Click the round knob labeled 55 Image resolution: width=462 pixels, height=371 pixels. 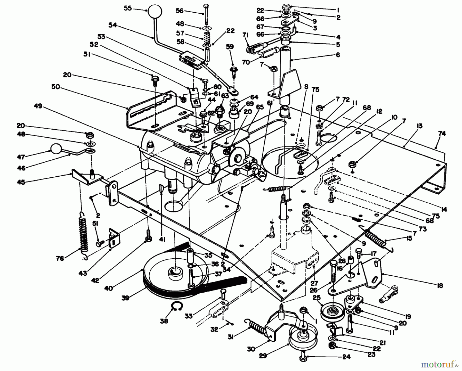click(x=155, y=11)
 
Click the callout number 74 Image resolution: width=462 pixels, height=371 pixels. click(x=442, y=134)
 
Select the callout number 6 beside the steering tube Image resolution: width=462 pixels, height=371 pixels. click(x=338, y=55)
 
